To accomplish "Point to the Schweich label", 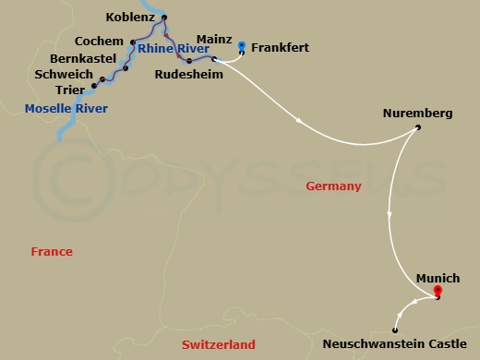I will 63,74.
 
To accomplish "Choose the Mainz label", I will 213,41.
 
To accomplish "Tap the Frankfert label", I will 279,47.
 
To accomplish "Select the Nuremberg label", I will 416,114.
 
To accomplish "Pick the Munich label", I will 436,277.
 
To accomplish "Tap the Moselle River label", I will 66,109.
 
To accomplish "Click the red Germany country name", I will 332,186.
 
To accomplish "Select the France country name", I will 52,251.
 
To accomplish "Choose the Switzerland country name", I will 219,344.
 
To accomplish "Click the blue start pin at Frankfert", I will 242,44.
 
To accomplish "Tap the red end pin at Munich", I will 437,292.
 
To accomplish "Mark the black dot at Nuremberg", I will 418,126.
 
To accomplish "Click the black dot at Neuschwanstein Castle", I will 395,330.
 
